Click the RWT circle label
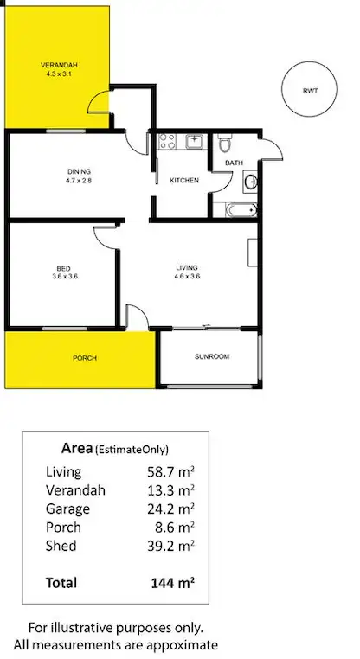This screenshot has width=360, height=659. click(310, 91)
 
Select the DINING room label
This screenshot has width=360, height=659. click(79, 170)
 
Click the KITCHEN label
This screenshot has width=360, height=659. click(184, 181)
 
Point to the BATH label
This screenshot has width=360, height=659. click(234, 163)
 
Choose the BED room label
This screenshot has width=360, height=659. click(60, 268)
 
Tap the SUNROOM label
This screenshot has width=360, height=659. click(211, 355)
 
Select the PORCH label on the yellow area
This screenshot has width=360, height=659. click(84, 358)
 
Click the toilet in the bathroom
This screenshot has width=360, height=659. click(223, 142)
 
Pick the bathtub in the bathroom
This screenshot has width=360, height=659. click(240, 209)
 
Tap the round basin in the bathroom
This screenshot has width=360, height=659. click(251, 182)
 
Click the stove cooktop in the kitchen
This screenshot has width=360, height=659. click(167, 139)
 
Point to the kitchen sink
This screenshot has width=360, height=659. click(196, 139)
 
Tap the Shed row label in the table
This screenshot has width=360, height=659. click(61, 546)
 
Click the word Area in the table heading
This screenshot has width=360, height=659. click(78, 448)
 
